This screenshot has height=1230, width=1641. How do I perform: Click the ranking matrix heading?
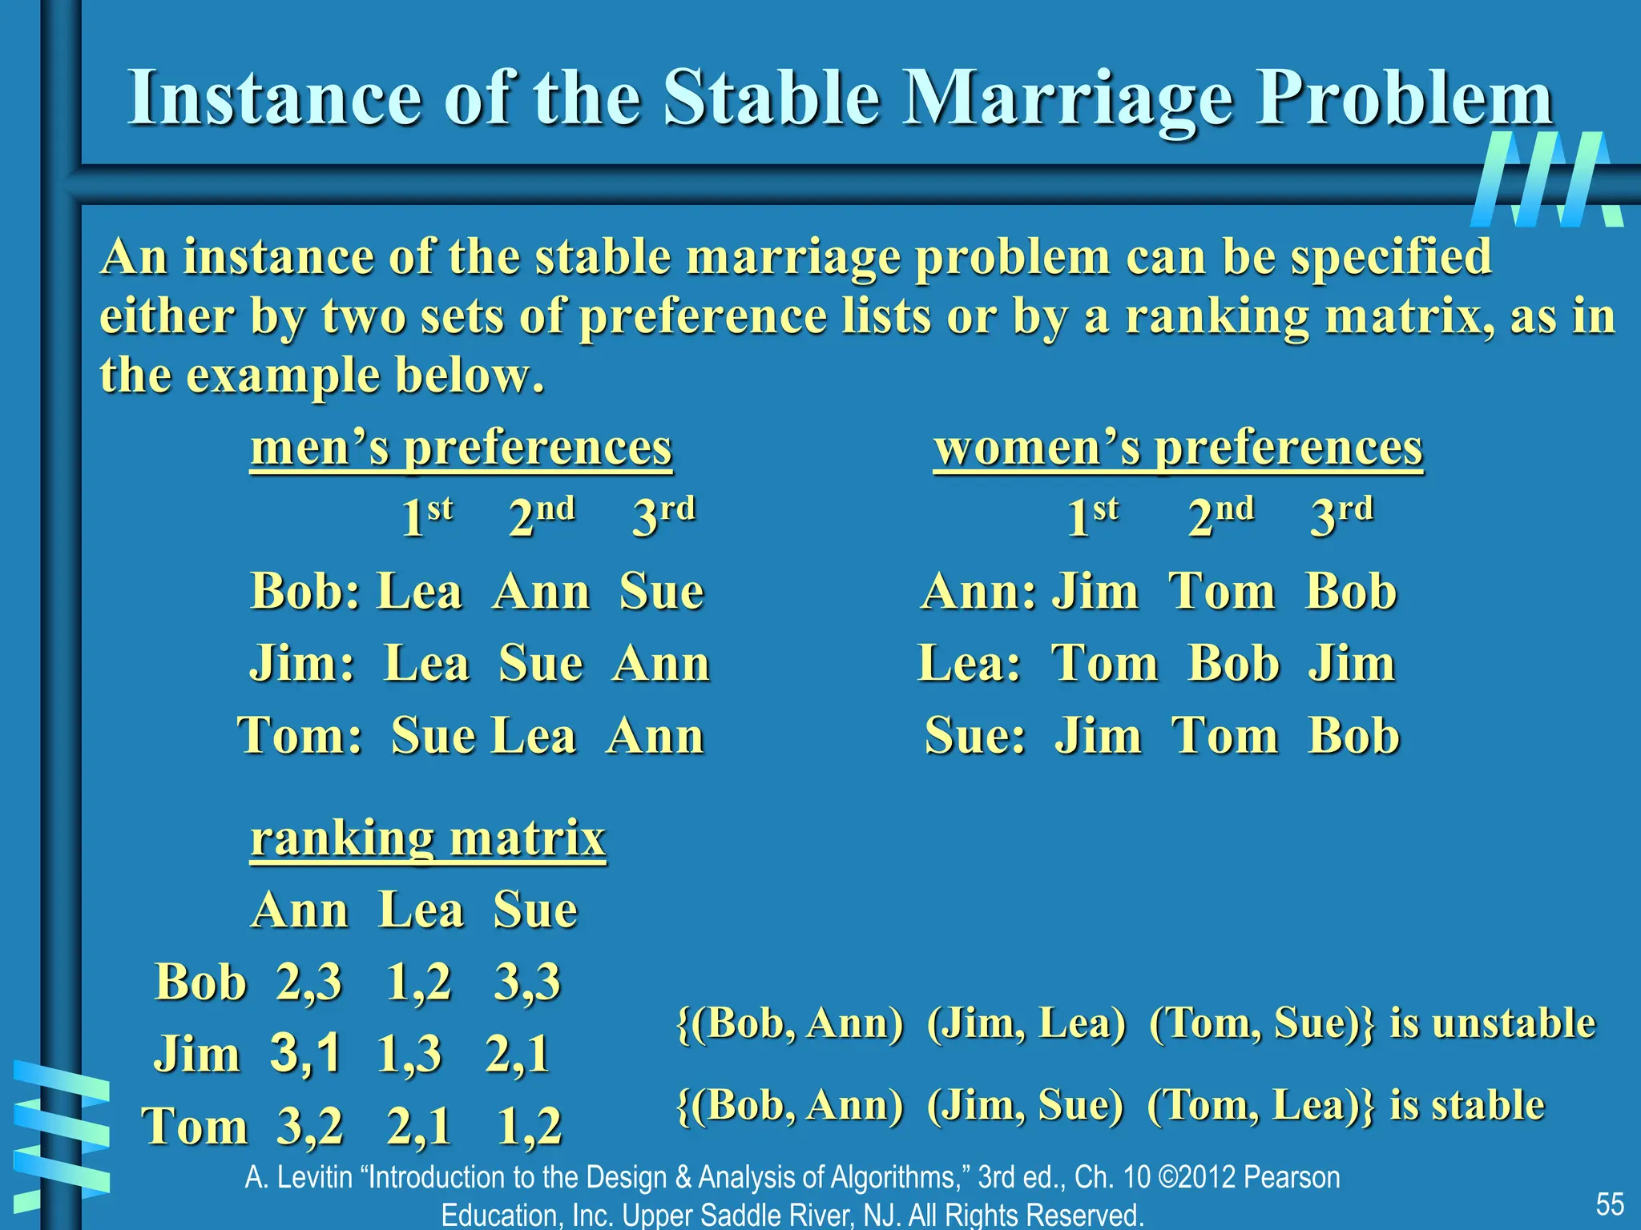point(428,839)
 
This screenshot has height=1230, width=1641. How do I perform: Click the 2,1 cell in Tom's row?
point(418,1126)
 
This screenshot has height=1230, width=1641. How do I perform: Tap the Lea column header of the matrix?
point(421,910)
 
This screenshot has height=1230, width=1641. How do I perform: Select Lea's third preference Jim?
point(1352,664)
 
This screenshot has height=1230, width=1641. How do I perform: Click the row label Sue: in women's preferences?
point(974,736)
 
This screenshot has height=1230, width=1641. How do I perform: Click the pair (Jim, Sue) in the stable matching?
point(1025,1105)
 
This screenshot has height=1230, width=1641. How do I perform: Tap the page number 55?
point(1609,1204)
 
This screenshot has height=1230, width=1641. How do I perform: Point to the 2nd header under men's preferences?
point(542,517)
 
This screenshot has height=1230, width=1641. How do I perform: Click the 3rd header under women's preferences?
point(1341,517)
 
